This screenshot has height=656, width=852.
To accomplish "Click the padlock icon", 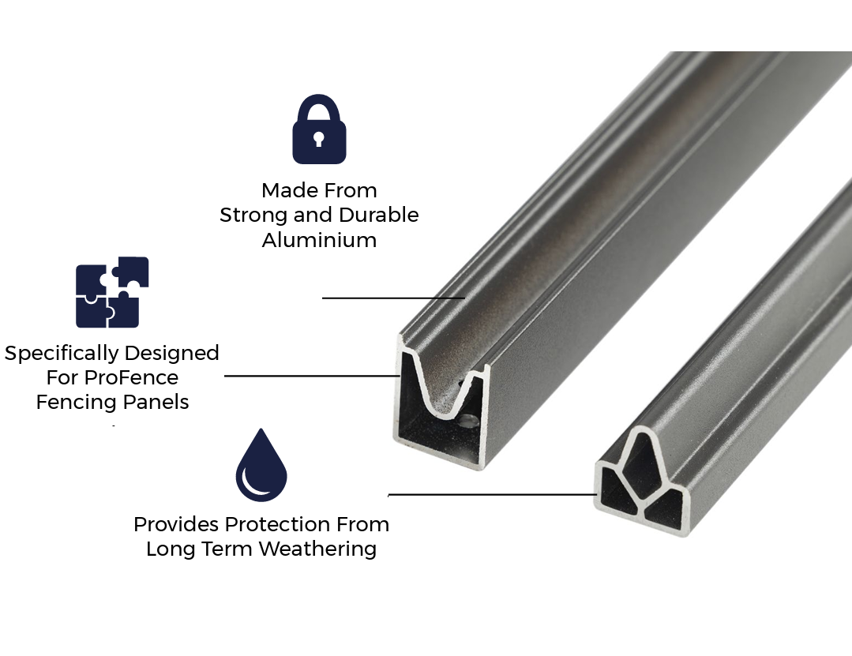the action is coord(319,129).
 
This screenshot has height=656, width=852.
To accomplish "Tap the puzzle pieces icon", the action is coord(112,292).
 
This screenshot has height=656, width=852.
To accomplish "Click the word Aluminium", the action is coord(320,239).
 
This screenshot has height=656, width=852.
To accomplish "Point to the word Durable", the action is coord(379,215).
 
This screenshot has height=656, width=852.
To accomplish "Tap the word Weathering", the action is coord(317,549).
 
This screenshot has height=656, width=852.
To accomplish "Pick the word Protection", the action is coord(276,524).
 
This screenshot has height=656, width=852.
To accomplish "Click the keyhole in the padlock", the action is coord(318,138).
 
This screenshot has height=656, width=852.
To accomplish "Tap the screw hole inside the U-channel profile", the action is coord(467,421).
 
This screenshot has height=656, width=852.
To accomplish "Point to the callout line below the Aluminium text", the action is coord(393,298).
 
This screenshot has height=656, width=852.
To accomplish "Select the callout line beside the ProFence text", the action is coord(313,375).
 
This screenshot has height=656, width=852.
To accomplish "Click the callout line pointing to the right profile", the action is coord(492,495).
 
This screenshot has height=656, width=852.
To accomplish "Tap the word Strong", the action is coord(253,215).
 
